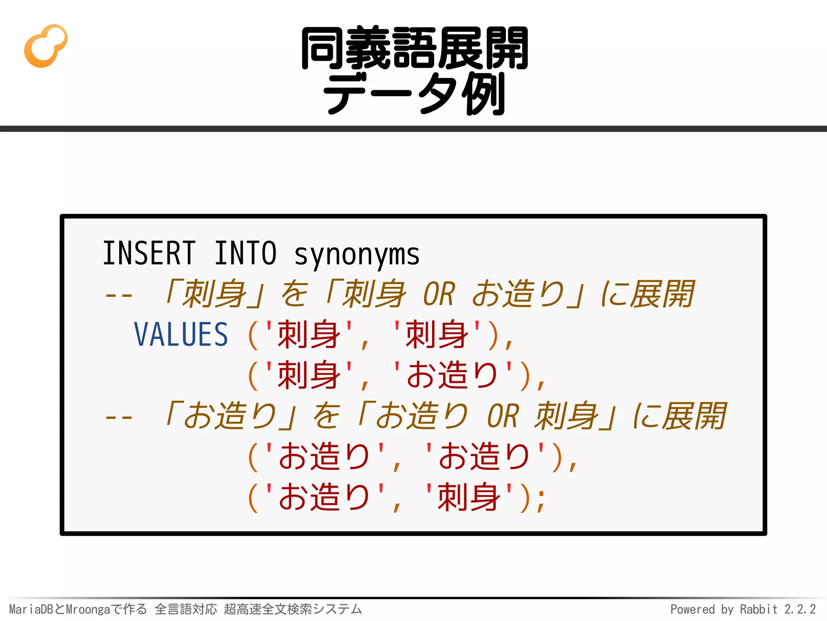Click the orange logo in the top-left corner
pyautogui.click(x=46, y=46)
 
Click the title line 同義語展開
pyautogui.click(x=414, y=49)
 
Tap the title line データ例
pyautogui.click(x=414, y=94)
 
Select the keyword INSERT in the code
pyautogui.click(x=149, y=253)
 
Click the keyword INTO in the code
pyautogui.click(x=245, y=253)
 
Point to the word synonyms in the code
pyautogui.click(x=357, y=255)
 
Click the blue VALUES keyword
pyautogui.click(x=181, y=335)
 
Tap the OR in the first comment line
pyautogui.click(x=439, y=294)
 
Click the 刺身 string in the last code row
pyautogui.click(x=469, y=497)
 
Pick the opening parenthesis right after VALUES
pyautogui.click(x=253, y=336)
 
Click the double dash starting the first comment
pyautogui.click(x=118, y=295)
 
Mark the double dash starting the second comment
pyautogui.click(x=118, y=417)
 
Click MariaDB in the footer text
pyautogui.click(x=31, y=609)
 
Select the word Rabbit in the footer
pyautogui.click(x=758, y=609)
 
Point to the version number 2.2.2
pyautogui.click(x=800, y=609)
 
